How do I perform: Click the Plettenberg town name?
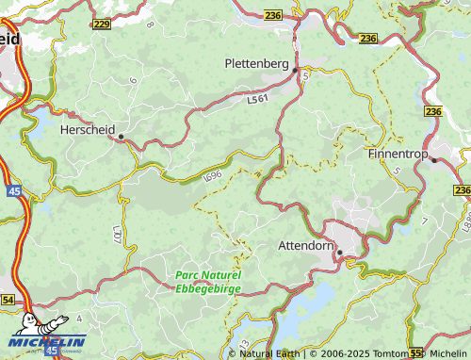[x=256, y=63]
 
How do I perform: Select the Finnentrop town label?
[x=399, y=152]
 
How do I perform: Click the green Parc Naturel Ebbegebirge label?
[x=208, y=281]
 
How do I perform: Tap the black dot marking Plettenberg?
[x=295, y=70]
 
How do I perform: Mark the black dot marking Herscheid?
[x=122, y=138]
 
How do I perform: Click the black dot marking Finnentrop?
[x=433, y=160]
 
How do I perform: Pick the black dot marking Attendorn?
[x=339, y=252]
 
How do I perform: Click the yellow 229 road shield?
[x=102, y=24]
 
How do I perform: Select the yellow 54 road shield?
[x=8, y=299]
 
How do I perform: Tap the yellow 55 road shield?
[x=416, y=354]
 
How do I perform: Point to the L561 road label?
[x=257, y=97]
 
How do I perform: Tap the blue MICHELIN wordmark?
[x=48, y=341]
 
